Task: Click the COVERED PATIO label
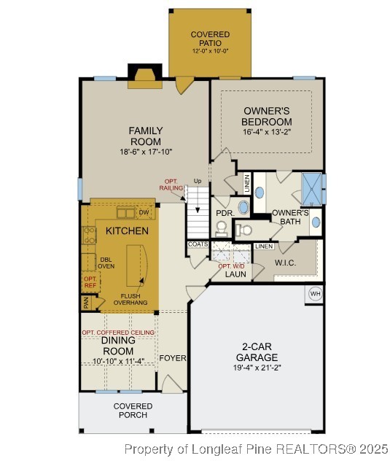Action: coord(210,39)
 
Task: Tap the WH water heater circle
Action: coord(315,294)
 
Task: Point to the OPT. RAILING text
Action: coord(171,185)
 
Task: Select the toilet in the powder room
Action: coord(243,230)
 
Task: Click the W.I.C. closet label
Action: coord(284,263)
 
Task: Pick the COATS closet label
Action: coord(198,245)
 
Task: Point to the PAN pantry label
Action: coord(85,303)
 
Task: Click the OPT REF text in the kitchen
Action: coord(90,282)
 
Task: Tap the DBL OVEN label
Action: coord(106,262)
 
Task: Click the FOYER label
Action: coord(173,358)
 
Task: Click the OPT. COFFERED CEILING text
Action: coord(117,333)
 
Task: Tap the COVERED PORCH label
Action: coord(133,411)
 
